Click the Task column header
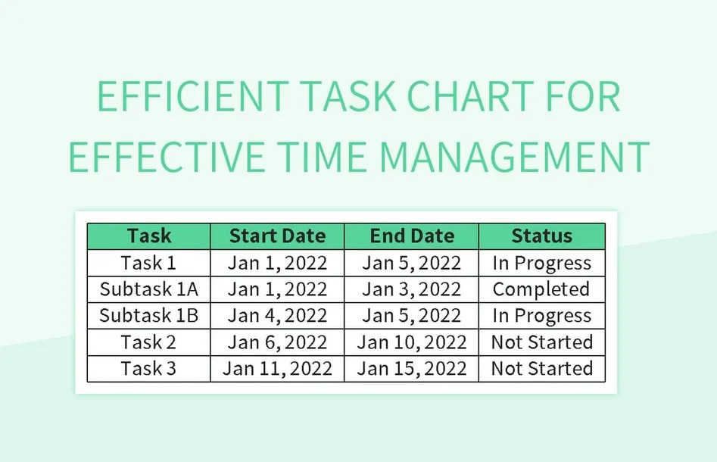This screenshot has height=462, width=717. pos(148,236)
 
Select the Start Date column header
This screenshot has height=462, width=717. pos(277,236)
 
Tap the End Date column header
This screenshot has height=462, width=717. pos(412,236)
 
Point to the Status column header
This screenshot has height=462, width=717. pos(541,236)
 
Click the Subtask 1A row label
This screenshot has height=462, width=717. pos(148,289)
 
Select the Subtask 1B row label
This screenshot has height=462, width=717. pos(148,315)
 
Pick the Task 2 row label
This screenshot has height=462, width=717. pos(148,342)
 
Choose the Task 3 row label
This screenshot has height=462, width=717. pos(148,368)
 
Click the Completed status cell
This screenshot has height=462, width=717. pos(541,289)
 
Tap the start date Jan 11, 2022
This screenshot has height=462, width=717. pos(277,368)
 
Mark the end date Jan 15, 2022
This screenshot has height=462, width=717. pos(412,368)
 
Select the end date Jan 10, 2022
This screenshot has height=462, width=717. pos(412,342)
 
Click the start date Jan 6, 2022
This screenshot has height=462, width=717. pos(277,342)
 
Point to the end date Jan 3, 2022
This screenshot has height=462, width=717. pos(412,289)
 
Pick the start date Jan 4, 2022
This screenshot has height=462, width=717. pos(277,315)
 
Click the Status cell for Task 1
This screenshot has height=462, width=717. pos(541,263)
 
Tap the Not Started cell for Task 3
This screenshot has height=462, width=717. pos(541,368)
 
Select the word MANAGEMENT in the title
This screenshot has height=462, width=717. pos(515,156)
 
